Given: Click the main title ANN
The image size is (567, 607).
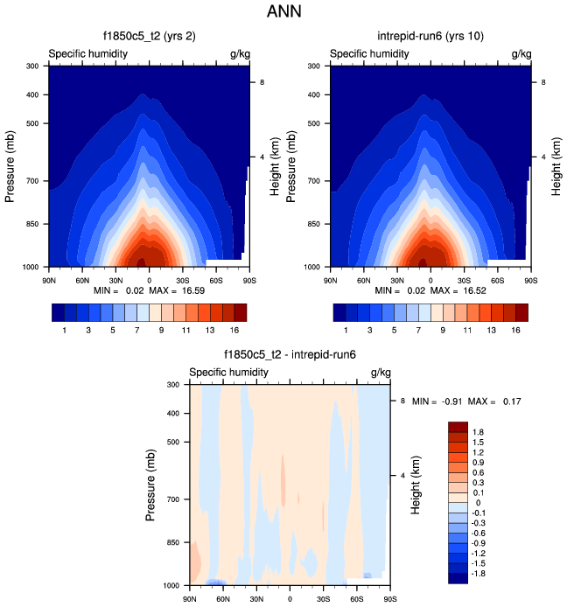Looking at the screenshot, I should pyautogui.click(x=283, y=12).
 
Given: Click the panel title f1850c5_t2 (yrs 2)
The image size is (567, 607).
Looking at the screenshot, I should pyautogui.click(x=149, y=37).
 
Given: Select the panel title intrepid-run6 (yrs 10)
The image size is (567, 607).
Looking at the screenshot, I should pyautogui.click(x=431, y=37).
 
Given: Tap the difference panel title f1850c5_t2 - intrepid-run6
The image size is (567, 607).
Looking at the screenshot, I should pyautogui.click(x=290, y=355).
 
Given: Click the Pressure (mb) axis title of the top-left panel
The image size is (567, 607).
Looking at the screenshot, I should pyautogui.click(x=11, y=165).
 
